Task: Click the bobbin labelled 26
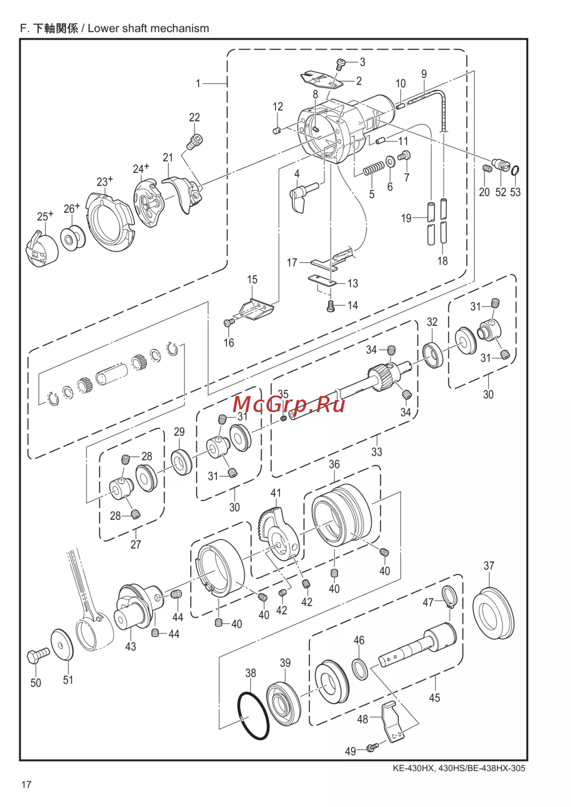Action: click(x=73, y=238)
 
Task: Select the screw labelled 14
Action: click(x=331, y=306)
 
